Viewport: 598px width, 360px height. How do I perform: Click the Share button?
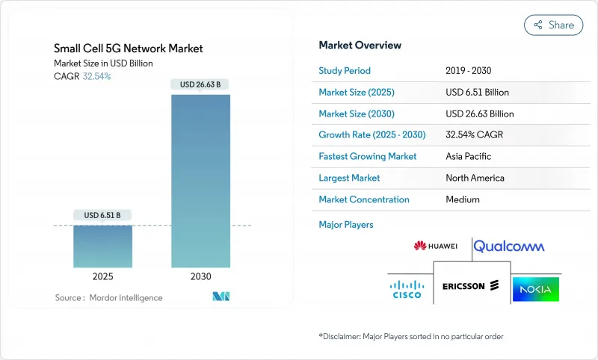[x=554, y=25]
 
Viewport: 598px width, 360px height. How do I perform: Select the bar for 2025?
[x=103, y=246]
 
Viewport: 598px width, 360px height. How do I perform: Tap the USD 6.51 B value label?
[x=103, y=215]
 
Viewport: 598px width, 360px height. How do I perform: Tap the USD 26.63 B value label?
[x=200, y=84]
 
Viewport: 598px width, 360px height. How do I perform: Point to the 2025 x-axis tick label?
[x=103, y=276]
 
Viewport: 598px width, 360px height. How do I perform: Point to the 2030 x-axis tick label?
[x=200, y=276]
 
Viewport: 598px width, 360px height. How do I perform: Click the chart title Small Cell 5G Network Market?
[x=129, y=49]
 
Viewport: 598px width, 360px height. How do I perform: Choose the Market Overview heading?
[x=360, y=45]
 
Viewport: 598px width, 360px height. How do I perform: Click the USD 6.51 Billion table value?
[x=477, y=93]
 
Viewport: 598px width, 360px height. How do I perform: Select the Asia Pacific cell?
[x=468, y=157]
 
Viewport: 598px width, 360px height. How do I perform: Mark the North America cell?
[x=475, y=178]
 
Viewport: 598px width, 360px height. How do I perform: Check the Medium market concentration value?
[x=462, y=199]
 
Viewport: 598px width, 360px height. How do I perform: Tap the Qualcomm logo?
[x=509, y=246]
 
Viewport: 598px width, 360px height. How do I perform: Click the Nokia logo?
[x=535, y=288]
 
